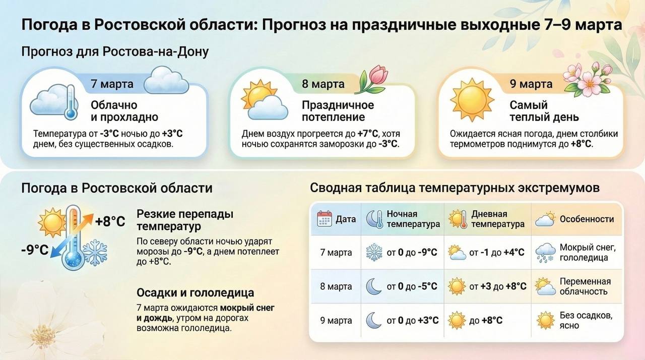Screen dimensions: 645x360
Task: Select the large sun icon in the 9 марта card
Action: pyautogui.click(x=472, y=100)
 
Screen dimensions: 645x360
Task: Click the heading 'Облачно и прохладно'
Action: pyautogui.click(x=124, y=111)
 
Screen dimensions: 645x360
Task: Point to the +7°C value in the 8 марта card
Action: pyautogui.click(x=367, y=134)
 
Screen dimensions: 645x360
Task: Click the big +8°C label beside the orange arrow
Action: pyautogui.click(x=110, y=222)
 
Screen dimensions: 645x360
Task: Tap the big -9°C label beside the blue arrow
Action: pyautogui.click(x=35, y=250)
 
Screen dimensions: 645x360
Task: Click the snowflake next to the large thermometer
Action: pyautogui.click(x=95, y=252)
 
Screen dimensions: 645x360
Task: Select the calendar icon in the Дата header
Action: pyautogui.click(x=324, y=219)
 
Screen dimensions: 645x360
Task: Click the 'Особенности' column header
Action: pyautogui.click(x=587, y=219)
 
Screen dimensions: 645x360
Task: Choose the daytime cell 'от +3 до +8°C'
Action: pyautogui.click(x=497, y=286)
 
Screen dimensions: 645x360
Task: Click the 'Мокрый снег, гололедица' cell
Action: pyautogui.click(x=588, y=252)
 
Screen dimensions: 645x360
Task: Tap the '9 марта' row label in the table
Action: pyautogui.click(x=336, y=320)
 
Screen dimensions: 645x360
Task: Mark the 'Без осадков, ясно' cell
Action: pyautogui.click(x=586, y=320)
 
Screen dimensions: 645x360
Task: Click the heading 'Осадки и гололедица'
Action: pyautogui.click(x=195, y=292)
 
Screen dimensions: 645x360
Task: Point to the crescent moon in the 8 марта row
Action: pyautogui.click(x=374, y=286)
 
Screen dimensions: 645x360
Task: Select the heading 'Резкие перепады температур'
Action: pyautogui.click(x=185, y=220)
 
